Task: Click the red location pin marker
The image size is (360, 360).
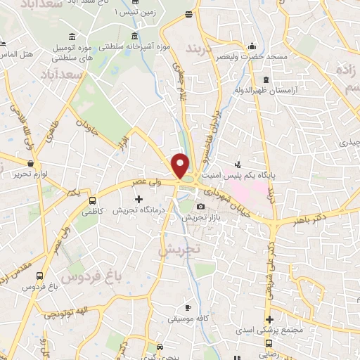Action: click(181, 166)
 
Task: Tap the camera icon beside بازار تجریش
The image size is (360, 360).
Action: click(201, 206)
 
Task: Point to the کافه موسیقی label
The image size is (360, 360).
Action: click(186, 319)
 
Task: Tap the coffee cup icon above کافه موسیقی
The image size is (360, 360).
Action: click(187, 308)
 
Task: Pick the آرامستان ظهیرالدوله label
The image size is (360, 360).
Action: click(265, 91)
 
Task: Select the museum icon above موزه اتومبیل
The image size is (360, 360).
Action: click(74, 37)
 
